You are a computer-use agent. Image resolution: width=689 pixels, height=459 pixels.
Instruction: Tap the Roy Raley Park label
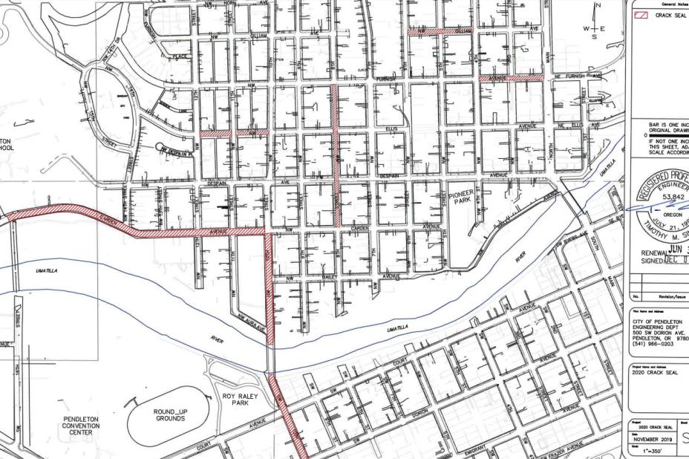(241, 401)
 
